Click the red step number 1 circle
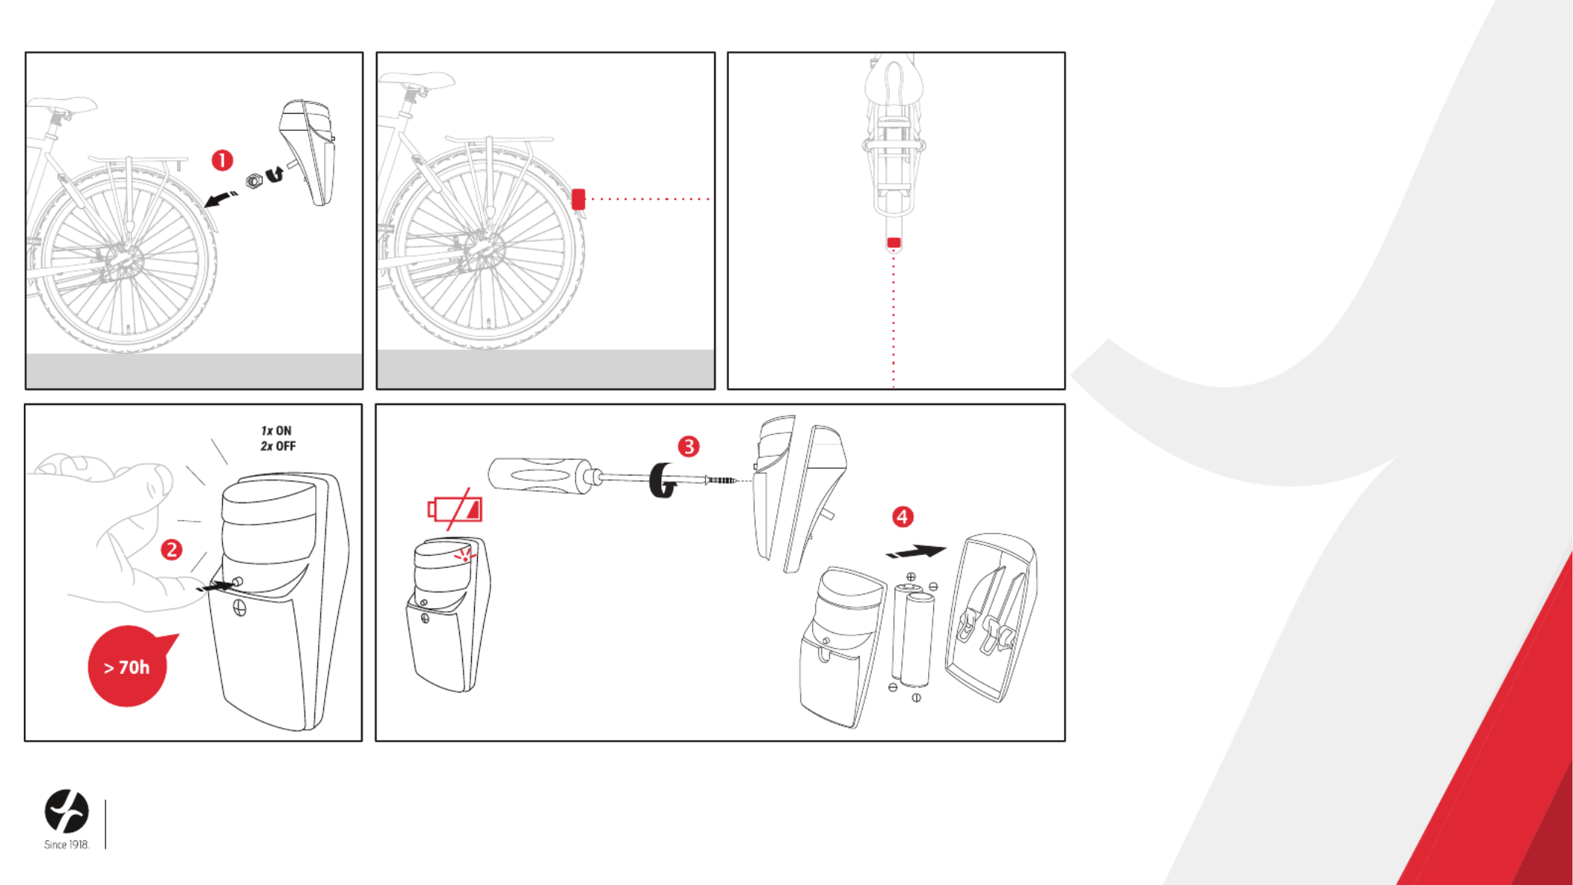(222, 161)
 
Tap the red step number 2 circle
(172, 550)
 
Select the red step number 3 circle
(689, 447)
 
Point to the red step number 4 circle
(903, 517)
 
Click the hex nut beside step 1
(254, 181)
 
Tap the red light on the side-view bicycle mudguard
(578, 199)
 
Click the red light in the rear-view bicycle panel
(894, 243)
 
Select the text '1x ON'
(276, 431)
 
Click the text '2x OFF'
(278, 447)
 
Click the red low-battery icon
(455, 509)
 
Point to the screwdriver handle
(538, 475)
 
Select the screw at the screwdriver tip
(721, 481)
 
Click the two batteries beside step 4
(913, 635)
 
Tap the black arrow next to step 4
(916, 552)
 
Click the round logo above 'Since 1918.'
(67, 811)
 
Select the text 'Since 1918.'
(67, 845)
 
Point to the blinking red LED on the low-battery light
(465, 555)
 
